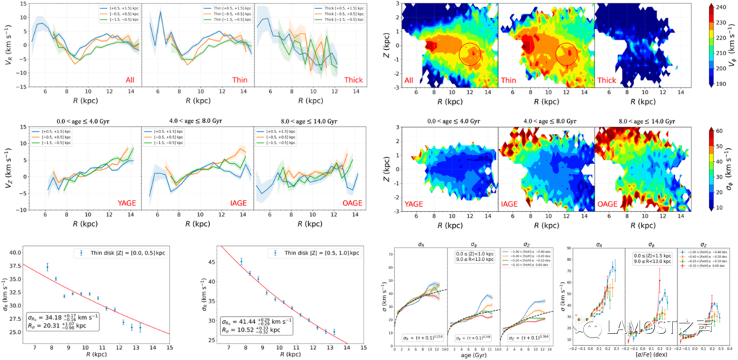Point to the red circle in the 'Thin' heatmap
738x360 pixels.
pos(566,53)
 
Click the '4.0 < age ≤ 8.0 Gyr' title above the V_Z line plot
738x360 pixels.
pos(196,122)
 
